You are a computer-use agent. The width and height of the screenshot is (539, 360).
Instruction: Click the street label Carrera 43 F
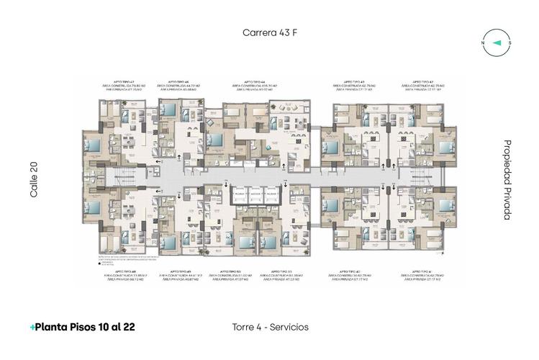click(x=269, y=33)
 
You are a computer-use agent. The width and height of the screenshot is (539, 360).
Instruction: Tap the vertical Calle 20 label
click(x=34, y=179)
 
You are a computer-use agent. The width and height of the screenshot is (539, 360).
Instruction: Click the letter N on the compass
click(x=482, y=42)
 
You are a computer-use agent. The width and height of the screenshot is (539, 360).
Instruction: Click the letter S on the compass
click(x=509, y=42)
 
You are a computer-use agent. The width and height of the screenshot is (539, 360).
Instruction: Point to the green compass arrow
click(x=496, y=42)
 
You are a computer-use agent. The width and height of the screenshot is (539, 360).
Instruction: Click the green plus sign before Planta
click(x=32, y=327)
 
